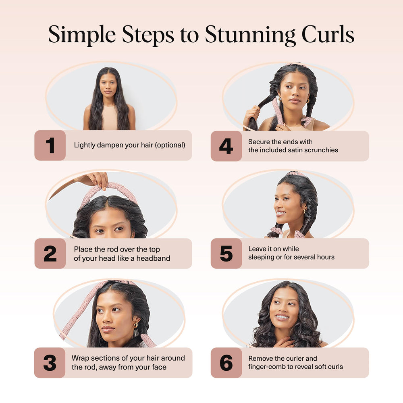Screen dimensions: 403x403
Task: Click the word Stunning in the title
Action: pyautogui.click(x=250, y=35)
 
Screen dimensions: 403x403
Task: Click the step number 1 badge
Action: pyautogui.click(x=50, y=145)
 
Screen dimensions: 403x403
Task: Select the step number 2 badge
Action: pyautogui.click(x=50, y=253)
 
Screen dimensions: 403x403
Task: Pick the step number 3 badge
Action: pyautogui.click(x=50, y=363)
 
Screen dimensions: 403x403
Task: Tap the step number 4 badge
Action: pyautogui.click(x=226, y=146)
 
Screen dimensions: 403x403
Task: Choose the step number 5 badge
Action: pyautogui.click(x=226, y=253)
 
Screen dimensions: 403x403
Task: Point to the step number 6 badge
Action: pyautogui.click(x=226, y=363)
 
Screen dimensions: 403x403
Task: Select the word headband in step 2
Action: pyautogui.click(x=154, y=258)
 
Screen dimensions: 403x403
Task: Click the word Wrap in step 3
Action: pyautogui.click(x=80, y=358)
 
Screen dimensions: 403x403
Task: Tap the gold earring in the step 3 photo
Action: pyautogui.click(x=135, y=324)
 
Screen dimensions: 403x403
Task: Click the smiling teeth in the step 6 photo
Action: pyautogui.click(x=282, y=317)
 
